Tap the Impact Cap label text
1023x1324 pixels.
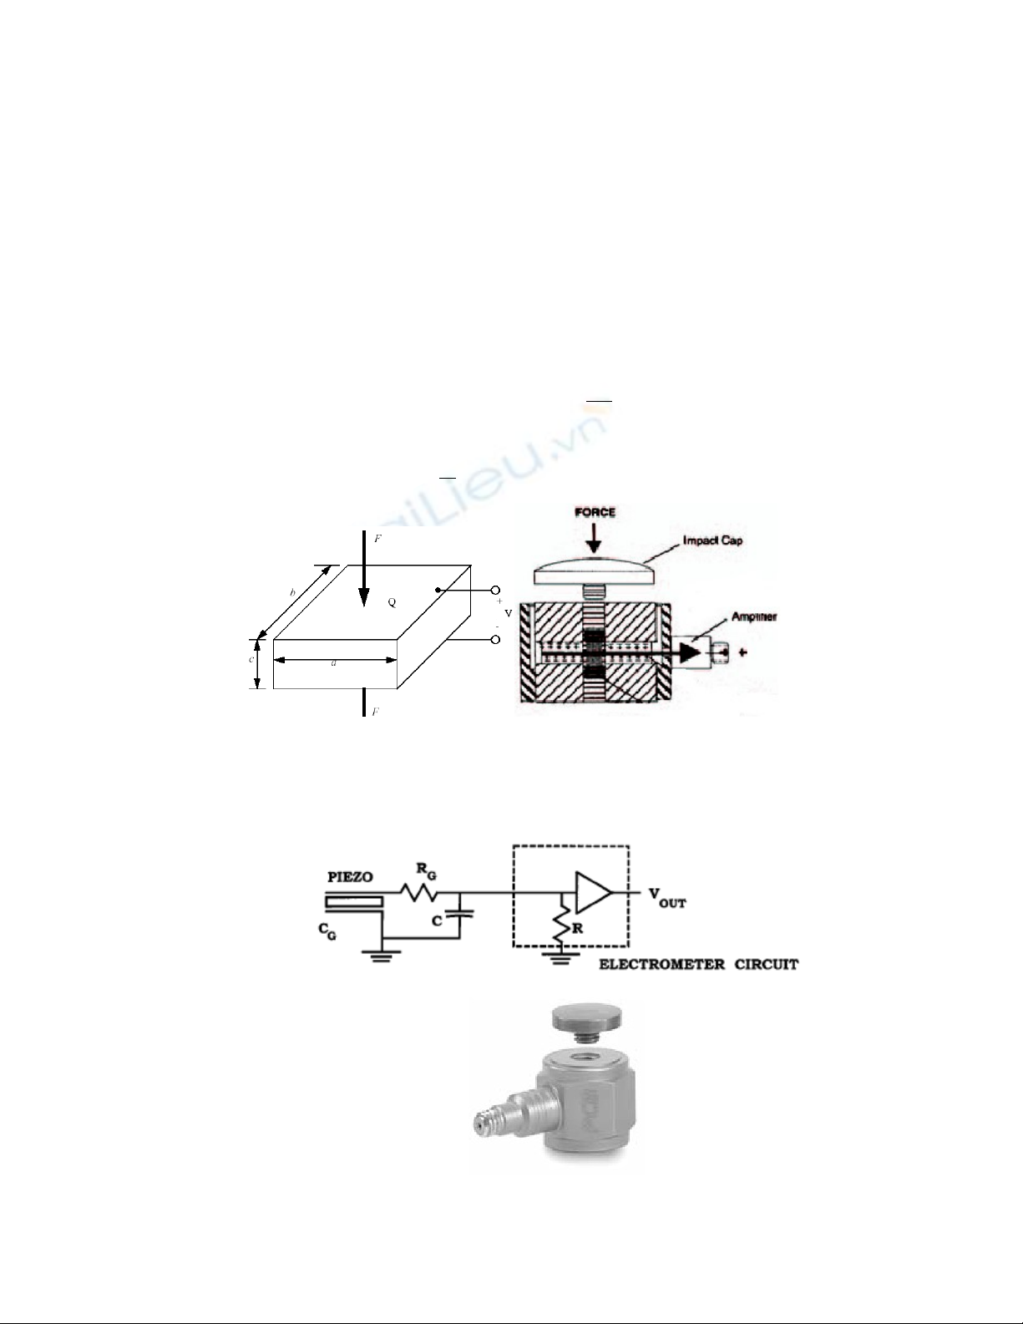(712, 540)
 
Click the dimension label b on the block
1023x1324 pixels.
(292, 591)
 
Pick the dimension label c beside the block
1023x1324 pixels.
(250, 659)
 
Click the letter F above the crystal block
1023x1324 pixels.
(377, 539)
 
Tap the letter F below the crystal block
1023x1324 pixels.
(377, 711)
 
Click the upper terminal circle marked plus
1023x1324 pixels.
(495, 590)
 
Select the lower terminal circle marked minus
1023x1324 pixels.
(495, 639)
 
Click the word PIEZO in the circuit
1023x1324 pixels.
(348, 878)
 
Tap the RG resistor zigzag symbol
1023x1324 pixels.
(418, 893)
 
